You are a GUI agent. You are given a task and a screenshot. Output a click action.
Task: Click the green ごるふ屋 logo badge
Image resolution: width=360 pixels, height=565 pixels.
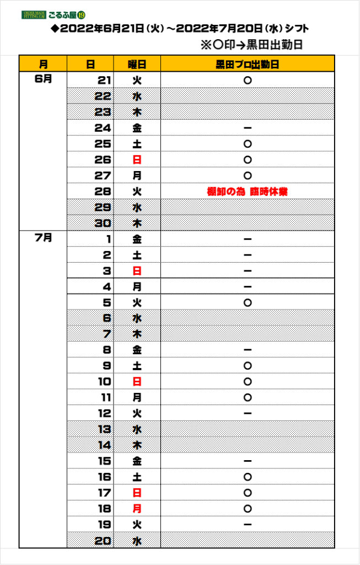[53, 15]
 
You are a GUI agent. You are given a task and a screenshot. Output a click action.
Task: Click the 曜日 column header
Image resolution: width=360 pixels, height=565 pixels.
[137, 65]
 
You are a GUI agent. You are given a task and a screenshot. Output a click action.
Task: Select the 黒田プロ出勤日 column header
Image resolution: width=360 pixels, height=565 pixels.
[248, 65]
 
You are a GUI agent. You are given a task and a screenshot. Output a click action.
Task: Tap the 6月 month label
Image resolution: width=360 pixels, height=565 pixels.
[43, 79]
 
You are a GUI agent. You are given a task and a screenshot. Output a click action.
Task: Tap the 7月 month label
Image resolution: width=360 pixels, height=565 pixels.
[43, 238]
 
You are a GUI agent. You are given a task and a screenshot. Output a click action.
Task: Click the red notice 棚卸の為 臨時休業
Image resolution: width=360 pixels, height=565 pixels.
[248, 191]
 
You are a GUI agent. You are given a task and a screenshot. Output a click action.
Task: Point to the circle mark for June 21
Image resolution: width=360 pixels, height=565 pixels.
[248, 81]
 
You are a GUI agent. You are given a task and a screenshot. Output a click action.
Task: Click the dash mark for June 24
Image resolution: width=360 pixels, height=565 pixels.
[248, 128]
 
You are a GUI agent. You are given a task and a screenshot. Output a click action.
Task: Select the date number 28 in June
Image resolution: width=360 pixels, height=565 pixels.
[103, 191]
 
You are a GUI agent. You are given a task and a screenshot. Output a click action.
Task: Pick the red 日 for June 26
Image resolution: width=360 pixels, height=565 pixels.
[137, 159]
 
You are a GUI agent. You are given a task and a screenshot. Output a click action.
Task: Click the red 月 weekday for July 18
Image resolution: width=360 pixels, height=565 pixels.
[137, 509]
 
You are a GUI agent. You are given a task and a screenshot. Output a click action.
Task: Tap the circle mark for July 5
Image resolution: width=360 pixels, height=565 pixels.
[248, 303]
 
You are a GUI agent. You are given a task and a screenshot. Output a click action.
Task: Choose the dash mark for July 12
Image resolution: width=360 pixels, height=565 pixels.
[248, 413]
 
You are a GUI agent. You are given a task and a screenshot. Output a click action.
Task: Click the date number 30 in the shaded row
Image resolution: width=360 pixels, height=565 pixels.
[103, 223]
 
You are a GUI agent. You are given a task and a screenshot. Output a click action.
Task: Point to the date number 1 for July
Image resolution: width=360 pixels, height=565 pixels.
[109, 239]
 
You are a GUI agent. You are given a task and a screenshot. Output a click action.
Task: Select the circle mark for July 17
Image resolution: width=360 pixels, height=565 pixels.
[248, 493]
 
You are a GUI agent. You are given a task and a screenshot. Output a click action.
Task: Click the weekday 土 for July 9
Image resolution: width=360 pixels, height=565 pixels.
[137, 366]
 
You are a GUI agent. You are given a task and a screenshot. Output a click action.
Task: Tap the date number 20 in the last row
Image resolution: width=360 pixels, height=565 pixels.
[103, 541]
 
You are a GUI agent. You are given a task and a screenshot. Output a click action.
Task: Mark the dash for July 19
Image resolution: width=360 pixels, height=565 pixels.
[248, 524]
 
